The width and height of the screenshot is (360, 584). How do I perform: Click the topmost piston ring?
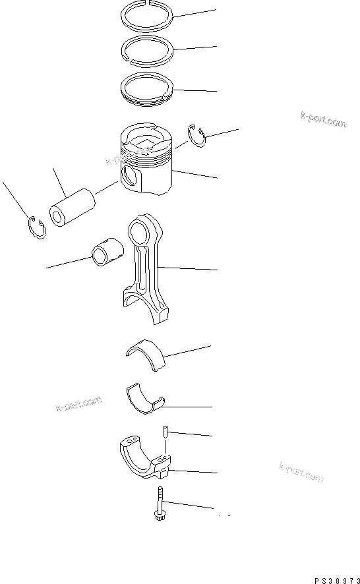[148, 12]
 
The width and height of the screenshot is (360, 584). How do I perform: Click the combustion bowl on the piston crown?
[146, 139]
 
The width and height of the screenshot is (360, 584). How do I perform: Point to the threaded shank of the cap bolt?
[159, 498]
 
